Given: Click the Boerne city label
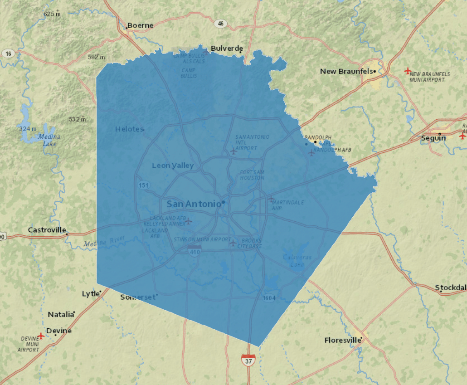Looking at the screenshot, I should click(140, 25).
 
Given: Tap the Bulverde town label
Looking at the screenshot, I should click(227, 49).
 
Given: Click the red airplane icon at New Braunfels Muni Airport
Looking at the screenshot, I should click(407, 71).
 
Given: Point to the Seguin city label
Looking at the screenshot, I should click(433, 138).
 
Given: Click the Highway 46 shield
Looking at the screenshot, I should click(221, 24).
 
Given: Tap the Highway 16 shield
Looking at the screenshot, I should click(8, 54).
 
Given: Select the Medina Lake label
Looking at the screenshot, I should click(47, 140).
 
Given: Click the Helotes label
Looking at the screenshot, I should click(129, 129).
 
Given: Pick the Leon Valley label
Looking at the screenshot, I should click(173, 166).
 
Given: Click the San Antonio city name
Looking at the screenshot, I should click(194, 204).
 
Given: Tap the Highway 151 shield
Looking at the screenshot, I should click(144, 185).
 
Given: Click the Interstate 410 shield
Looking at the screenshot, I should click(194, 251).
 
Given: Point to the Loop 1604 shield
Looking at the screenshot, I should click(269, 297).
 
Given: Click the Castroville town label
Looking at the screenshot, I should click(47, 230).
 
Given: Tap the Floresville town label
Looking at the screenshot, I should click(343, 340).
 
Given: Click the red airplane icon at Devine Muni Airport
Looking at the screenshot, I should click(41, 336).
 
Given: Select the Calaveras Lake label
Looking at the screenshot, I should click(297, 260).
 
